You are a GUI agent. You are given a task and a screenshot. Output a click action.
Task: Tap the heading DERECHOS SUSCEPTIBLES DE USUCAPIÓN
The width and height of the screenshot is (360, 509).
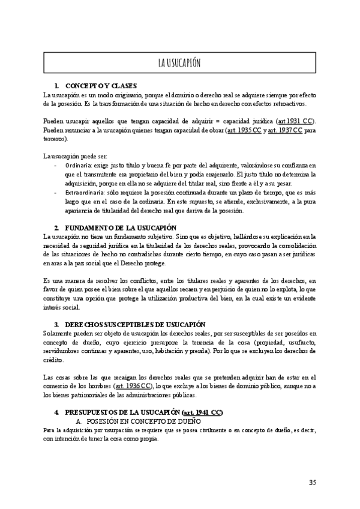coord(136,324)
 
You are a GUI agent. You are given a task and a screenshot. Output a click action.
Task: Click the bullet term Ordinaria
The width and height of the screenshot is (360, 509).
coord(79,165)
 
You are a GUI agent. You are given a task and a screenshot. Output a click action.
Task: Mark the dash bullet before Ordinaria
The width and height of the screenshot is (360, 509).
coord(56,165)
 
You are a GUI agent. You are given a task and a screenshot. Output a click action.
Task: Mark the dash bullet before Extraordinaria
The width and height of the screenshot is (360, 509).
coord(56,193)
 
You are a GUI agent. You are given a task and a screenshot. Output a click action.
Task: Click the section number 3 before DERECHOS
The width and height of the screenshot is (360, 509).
coord(56,324)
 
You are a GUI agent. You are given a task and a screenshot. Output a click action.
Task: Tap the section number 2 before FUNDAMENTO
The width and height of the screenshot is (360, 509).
coord(56,227)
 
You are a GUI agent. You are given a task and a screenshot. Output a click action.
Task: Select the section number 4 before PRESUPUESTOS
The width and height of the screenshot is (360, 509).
coord(56,412)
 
